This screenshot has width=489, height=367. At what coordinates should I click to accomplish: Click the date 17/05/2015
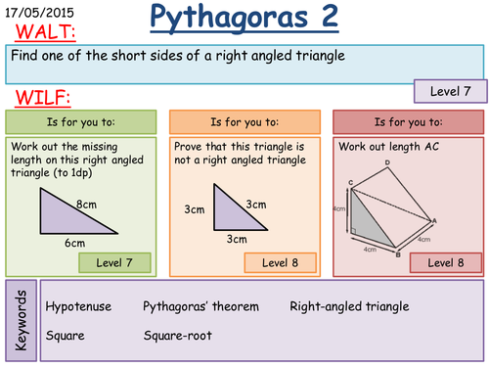point(39,13)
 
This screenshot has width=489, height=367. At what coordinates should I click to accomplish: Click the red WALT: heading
point(45,32)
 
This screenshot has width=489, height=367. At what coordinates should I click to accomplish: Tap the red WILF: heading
point(43,98)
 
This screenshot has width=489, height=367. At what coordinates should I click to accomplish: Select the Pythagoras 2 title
point(244,18)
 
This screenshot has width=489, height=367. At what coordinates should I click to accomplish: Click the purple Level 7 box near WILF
point(451,91)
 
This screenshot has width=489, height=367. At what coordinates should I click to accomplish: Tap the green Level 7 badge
point(114,262)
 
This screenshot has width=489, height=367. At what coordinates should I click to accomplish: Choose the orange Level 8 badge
point(281,262)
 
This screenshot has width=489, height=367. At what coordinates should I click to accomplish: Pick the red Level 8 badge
point(446,262)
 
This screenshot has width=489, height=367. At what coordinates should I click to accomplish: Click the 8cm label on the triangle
point(86,205)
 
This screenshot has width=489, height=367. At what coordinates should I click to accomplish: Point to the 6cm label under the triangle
point(74,243)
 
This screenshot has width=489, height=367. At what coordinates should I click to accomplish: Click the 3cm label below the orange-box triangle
point(237,239)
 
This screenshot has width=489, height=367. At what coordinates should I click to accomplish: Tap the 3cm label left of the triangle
point(195,209)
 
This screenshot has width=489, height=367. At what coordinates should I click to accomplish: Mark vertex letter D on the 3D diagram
point(387,162)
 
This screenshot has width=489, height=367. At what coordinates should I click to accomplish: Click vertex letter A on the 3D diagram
point(434,221)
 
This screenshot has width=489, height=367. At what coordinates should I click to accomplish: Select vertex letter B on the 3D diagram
point(398,254)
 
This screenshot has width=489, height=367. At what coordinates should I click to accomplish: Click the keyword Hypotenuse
point(78,306)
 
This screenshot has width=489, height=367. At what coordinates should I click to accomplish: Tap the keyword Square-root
point(178,336)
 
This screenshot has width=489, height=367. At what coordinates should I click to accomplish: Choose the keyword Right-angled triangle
point(349,306)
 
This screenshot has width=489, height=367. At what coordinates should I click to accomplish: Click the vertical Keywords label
point(21,320)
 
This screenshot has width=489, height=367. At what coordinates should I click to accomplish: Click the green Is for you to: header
point(81,122)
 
